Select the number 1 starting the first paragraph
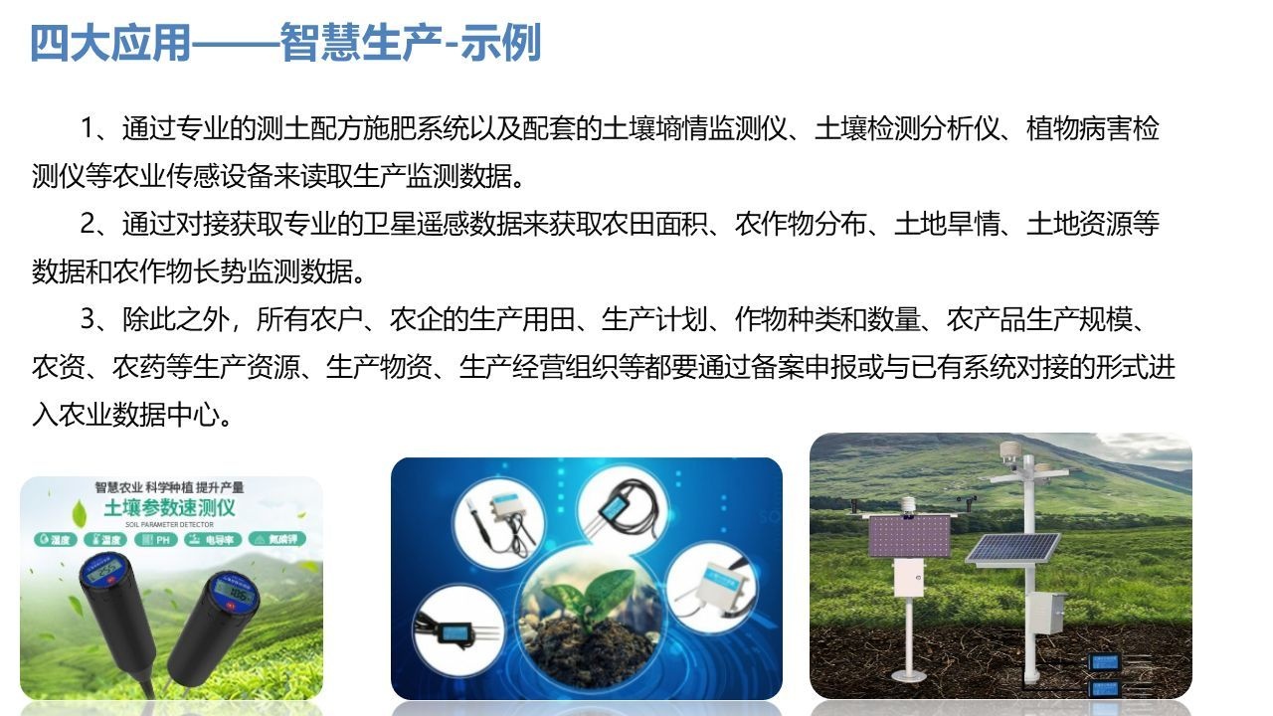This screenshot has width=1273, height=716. click(x=88, y=130)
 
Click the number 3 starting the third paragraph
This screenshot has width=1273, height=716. click(x=88, y=320)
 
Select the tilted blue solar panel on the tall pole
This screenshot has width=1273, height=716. click(x=1013, y=547)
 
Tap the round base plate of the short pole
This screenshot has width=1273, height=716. click(x=908, y=675)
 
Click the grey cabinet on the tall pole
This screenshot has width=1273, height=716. click(x=1047, y=614)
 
